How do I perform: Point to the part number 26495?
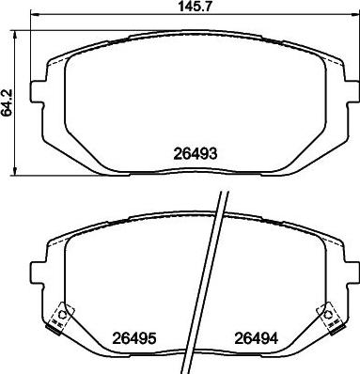134,341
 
